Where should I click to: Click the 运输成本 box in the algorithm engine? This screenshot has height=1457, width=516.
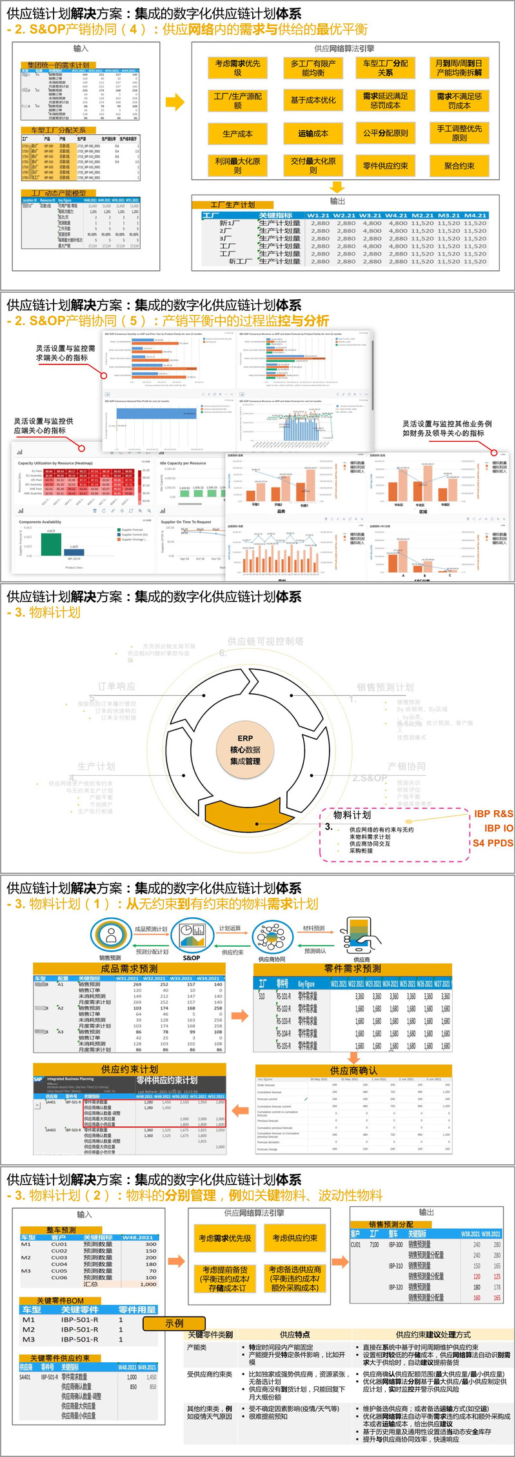coord(313,134)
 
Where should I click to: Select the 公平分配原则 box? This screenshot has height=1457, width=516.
coord(385,134)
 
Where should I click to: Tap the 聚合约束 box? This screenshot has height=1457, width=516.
coord(459,166)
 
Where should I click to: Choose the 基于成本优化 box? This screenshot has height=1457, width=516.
coord(313,100)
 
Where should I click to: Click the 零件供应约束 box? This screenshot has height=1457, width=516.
coord(385,166)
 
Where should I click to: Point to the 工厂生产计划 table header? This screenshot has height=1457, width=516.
coord(232,204)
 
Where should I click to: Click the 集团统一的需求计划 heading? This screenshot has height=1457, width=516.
coord(59,65)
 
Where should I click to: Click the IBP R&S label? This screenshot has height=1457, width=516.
coord(493,814)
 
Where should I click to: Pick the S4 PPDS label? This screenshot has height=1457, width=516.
coord(493,842)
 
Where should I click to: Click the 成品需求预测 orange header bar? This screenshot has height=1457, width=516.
coord(129,969)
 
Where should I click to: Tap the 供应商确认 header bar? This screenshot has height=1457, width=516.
coord(353,1071)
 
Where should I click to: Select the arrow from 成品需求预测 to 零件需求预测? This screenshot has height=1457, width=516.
coord(240,1016)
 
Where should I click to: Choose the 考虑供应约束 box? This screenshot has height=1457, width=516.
coord(294,1238)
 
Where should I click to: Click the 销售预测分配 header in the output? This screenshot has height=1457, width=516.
coord(391,1224)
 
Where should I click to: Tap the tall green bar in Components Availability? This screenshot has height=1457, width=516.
coord(51,544)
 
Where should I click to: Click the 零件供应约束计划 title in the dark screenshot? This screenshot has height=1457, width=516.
coord(167,1080)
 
